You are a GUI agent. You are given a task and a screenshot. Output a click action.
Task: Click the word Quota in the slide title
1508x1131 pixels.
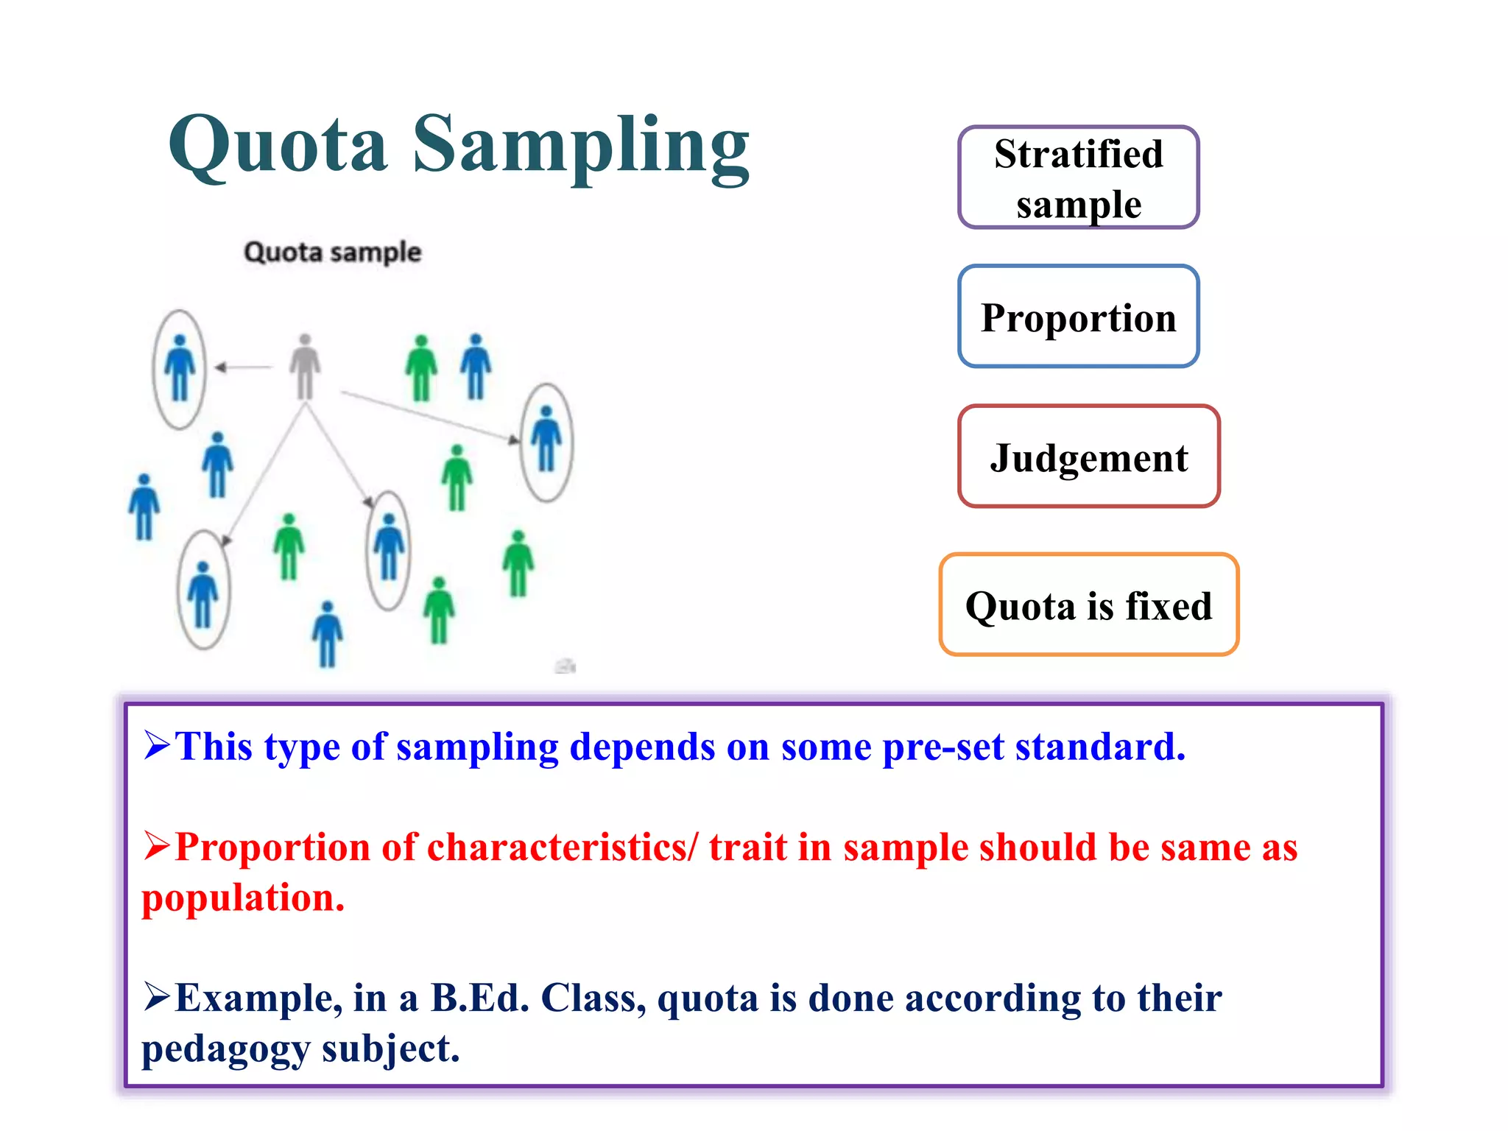[278, 146]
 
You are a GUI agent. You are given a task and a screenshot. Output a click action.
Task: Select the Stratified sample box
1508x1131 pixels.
[1078, 177]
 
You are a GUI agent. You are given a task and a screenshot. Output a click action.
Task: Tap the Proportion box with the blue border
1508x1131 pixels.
[1078, 317]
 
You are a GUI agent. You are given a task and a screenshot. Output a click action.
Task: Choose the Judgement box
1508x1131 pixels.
[1088, 457]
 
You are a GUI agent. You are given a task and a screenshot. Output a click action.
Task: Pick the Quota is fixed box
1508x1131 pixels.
[1088, 605]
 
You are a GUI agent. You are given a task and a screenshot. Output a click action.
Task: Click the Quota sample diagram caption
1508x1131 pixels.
[332, 252]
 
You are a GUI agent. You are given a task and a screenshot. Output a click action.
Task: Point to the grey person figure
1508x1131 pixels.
[305, 367]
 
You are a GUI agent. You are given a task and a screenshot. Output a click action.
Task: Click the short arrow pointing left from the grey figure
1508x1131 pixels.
[243, 367]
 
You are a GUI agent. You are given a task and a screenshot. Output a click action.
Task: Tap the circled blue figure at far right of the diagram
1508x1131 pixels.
[546, 440]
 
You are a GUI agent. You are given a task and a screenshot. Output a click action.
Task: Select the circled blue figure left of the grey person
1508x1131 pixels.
[180, 368]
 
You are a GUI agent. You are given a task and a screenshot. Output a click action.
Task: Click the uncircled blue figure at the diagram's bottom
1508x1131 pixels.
[328, 634]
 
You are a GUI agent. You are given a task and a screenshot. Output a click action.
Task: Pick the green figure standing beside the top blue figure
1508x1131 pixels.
[421, 367]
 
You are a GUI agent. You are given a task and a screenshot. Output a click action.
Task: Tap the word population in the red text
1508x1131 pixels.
[243, 898]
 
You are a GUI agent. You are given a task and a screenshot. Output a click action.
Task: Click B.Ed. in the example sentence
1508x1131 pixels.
[479, 998]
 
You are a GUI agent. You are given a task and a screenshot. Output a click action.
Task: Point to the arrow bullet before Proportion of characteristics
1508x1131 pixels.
[157, 845]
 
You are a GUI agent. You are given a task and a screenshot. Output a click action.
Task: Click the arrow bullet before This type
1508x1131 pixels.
[157, 744]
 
